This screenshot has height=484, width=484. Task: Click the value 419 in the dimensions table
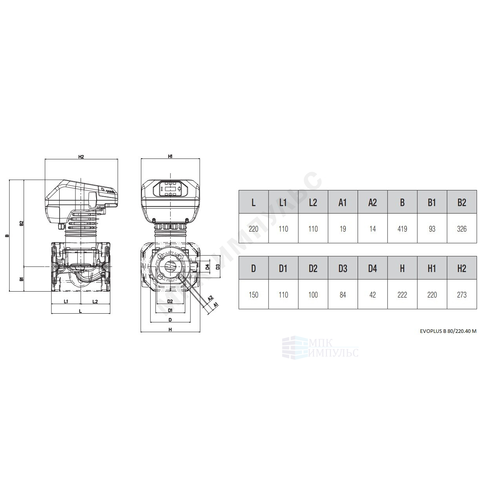click(402, 229)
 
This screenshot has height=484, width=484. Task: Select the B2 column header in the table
click(462, 203)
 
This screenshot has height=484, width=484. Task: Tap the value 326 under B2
click(462, 229)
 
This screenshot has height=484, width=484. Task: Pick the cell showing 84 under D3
click(343, 295)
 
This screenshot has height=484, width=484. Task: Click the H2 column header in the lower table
click(462, 268)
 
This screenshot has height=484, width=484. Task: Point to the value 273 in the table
click(462, 295)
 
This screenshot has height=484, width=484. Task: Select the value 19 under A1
click(343, 229)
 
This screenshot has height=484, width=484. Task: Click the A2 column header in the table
click(373, 203)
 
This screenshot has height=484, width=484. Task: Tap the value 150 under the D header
click(254, 295)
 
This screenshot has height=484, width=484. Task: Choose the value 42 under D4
click(373, 295)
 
